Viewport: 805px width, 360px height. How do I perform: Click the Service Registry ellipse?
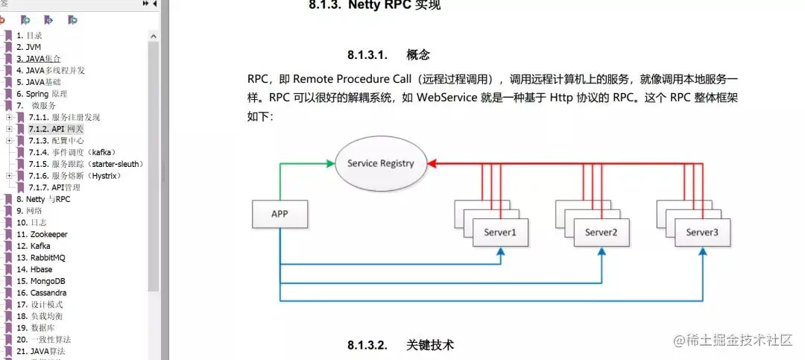point(380,163)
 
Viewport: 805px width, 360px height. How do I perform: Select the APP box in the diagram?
point(280,214)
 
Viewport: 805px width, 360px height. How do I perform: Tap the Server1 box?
point(500,233)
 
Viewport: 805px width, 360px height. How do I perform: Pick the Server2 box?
point(602,233)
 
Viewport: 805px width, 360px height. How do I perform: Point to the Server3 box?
point(702,233)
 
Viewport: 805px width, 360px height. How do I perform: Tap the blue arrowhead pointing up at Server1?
point(500,252)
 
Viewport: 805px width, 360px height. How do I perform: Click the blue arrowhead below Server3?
point(702,252)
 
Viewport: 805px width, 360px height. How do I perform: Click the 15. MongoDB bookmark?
point(41,281)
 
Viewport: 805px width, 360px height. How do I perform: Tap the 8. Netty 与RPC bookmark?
point(42,199)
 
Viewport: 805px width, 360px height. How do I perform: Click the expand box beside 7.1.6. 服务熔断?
point(9,176)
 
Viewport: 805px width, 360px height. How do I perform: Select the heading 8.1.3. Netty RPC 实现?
point(385,7)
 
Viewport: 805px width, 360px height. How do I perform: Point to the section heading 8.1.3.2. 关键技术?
point(400,344)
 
